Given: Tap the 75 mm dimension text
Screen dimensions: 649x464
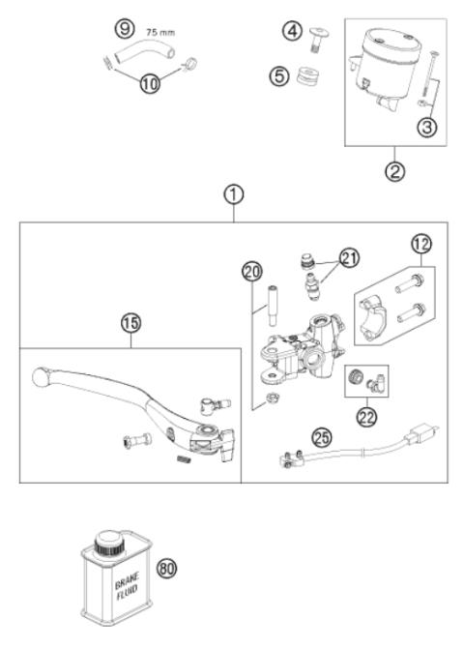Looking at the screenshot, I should tap(159, 32).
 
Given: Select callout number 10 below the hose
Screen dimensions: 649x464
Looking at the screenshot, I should tap(149, 83).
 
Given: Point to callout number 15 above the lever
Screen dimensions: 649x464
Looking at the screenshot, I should tap(129, 324).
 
